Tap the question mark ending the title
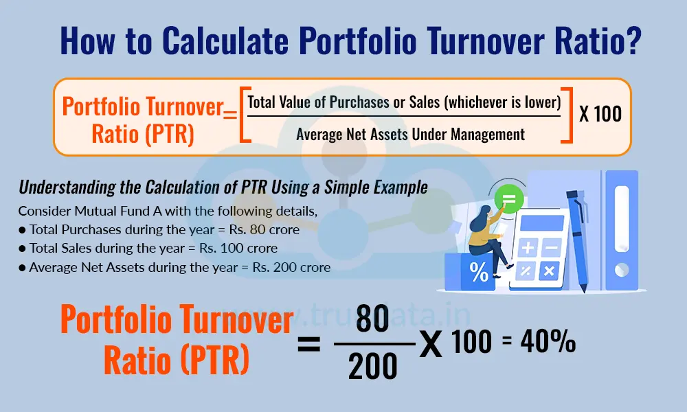click(633, 41)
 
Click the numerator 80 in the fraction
click(372, 323)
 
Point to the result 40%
click(548, 343)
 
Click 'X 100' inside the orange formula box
click(600, 114)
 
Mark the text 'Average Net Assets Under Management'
click(410, 134)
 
